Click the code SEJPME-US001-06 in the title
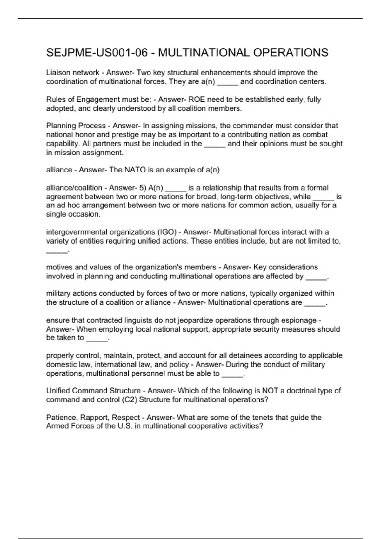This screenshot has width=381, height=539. pos(97,53)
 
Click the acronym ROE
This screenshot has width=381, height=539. pos(197,100)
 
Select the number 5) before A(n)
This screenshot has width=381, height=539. pos(143,188)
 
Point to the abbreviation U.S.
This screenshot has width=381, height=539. pos(124,426)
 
